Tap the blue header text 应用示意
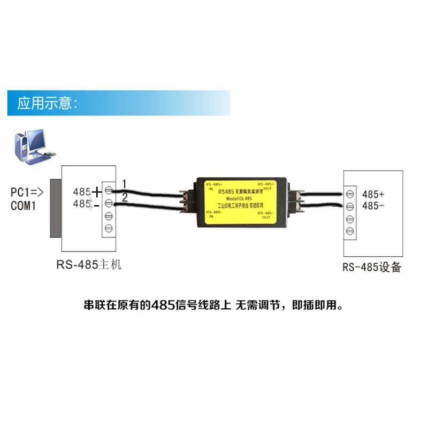[x=48, y=103]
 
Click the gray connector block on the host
[x=55, y=208]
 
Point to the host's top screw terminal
[x=109, y=190]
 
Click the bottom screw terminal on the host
[x=109, y=229]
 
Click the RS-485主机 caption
[x=89, y=265]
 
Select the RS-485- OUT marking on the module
[x=265, y=215]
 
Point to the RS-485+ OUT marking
[x=265, y=185]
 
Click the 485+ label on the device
[x=373, y=194]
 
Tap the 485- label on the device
[x=373, y=206]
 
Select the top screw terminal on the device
[x=350, y=193]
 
